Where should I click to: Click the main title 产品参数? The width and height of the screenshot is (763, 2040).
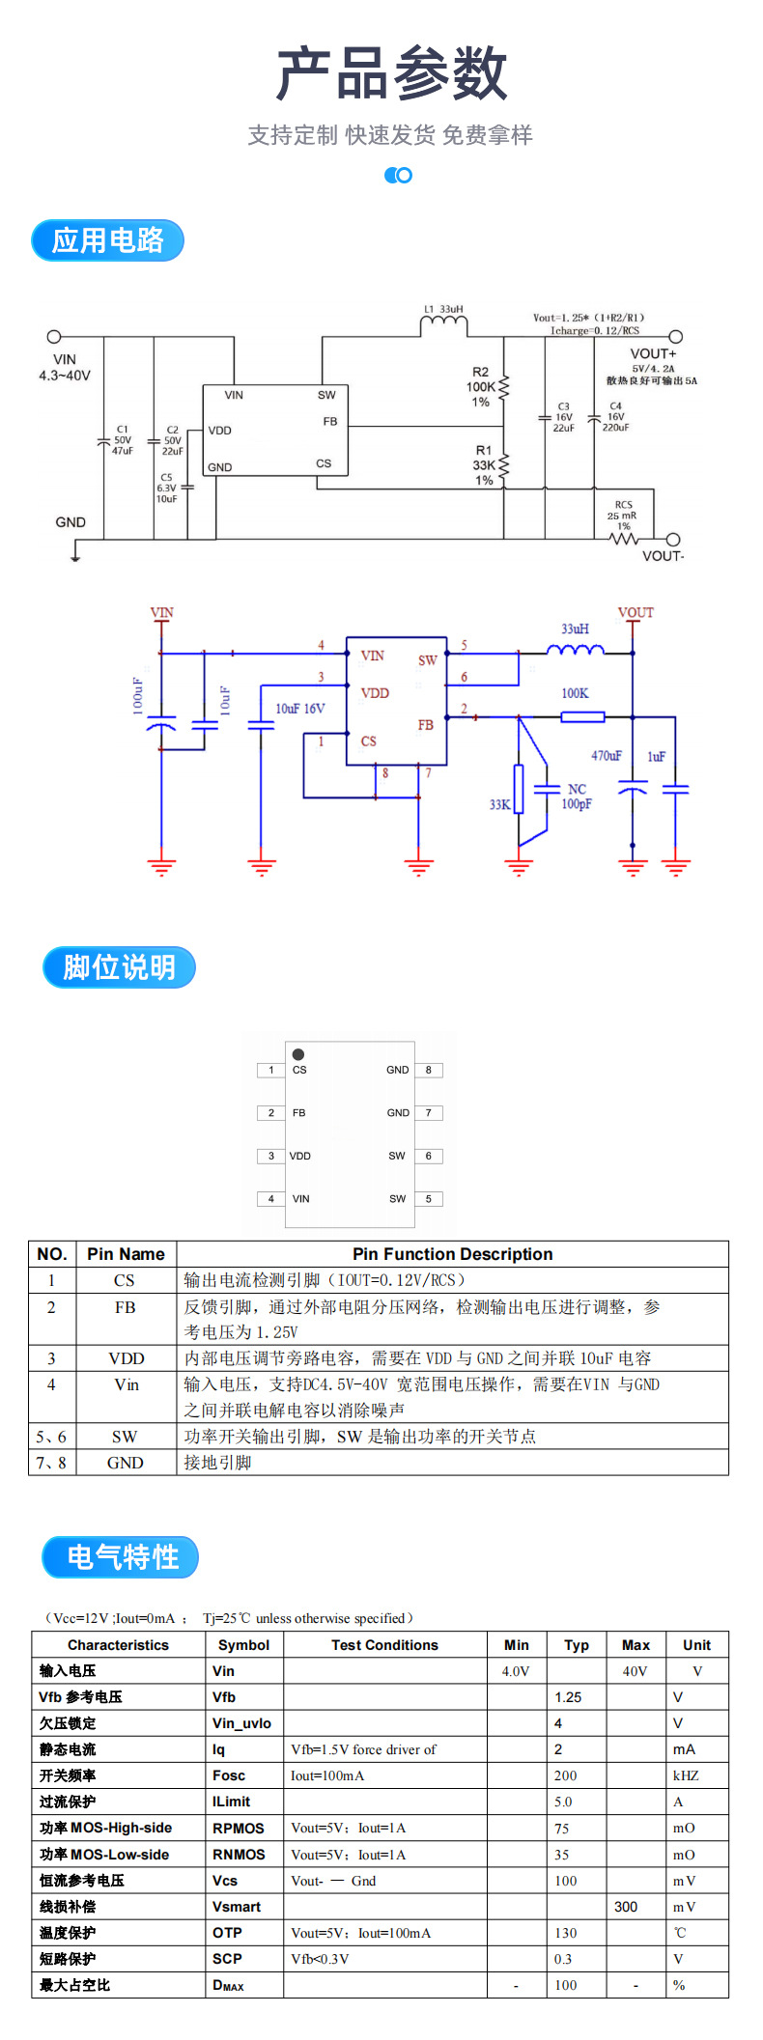point(391,73)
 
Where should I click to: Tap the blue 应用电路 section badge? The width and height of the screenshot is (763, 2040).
point(107,240)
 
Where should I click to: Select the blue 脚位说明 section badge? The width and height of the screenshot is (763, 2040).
point(119,967)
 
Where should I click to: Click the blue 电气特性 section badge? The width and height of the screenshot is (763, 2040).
point(121,1557)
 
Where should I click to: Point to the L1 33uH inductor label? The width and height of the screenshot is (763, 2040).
point(443,310)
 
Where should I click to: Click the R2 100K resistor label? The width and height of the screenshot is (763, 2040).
point(481,386)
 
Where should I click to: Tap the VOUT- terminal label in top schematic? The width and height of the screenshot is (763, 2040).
point(663,556)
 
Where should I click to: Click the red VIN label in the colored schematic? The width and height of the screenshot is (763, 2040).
point(161,613)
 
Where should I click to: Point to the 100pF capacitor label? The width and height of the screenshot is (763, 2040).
point(577,804)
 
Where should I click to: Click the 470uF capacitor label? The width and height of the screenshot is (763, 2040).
point(607,756)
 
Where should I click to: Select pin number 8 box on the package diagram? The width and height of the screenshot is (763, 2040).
point(429,1070)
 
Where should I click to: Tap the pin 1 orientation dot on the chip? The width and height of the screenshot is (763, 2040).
point(298,1054)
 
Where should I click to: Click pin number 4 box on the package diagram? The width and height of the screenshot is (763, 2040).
point(271,1199)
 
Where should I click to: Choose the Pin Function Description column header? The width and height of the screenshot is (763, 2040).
point(452,1254)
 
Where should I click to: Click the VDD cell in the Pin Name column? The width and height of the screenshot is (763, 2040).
point(126,1358)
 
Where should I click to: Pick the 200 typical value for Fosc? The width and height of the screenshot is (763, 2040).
point(566,1775)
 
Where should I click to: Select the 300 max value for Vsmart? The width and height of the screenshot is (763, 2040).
point(626,1907)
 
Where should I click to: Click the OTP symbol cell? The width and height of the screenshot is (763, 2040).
point(228,1933)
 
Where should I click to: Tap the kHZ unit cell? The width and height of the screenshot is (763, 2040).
point(686,1775)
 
